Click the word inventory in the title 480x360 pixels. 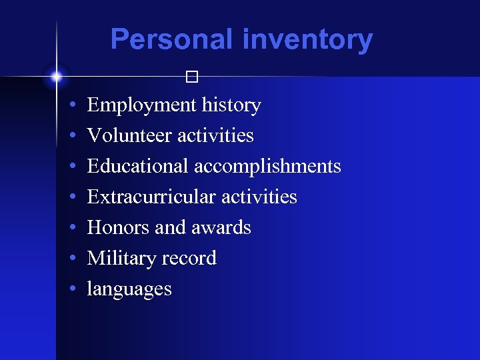click(x=307, y=39)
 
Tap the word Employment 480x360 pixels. click(x=141, y=105)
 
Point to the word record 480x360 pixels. click(x=191, y=259)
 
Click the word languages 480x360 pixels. click(x=129, y=290)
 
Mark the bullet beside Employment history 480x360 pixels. click(x=71, y=106)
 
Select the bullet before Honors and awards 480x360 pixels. click(x=71, y=229)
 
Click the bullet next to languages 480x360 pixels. click(x=71, y=290)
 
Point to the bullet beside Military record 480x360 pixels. click(x=71, y=259)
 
